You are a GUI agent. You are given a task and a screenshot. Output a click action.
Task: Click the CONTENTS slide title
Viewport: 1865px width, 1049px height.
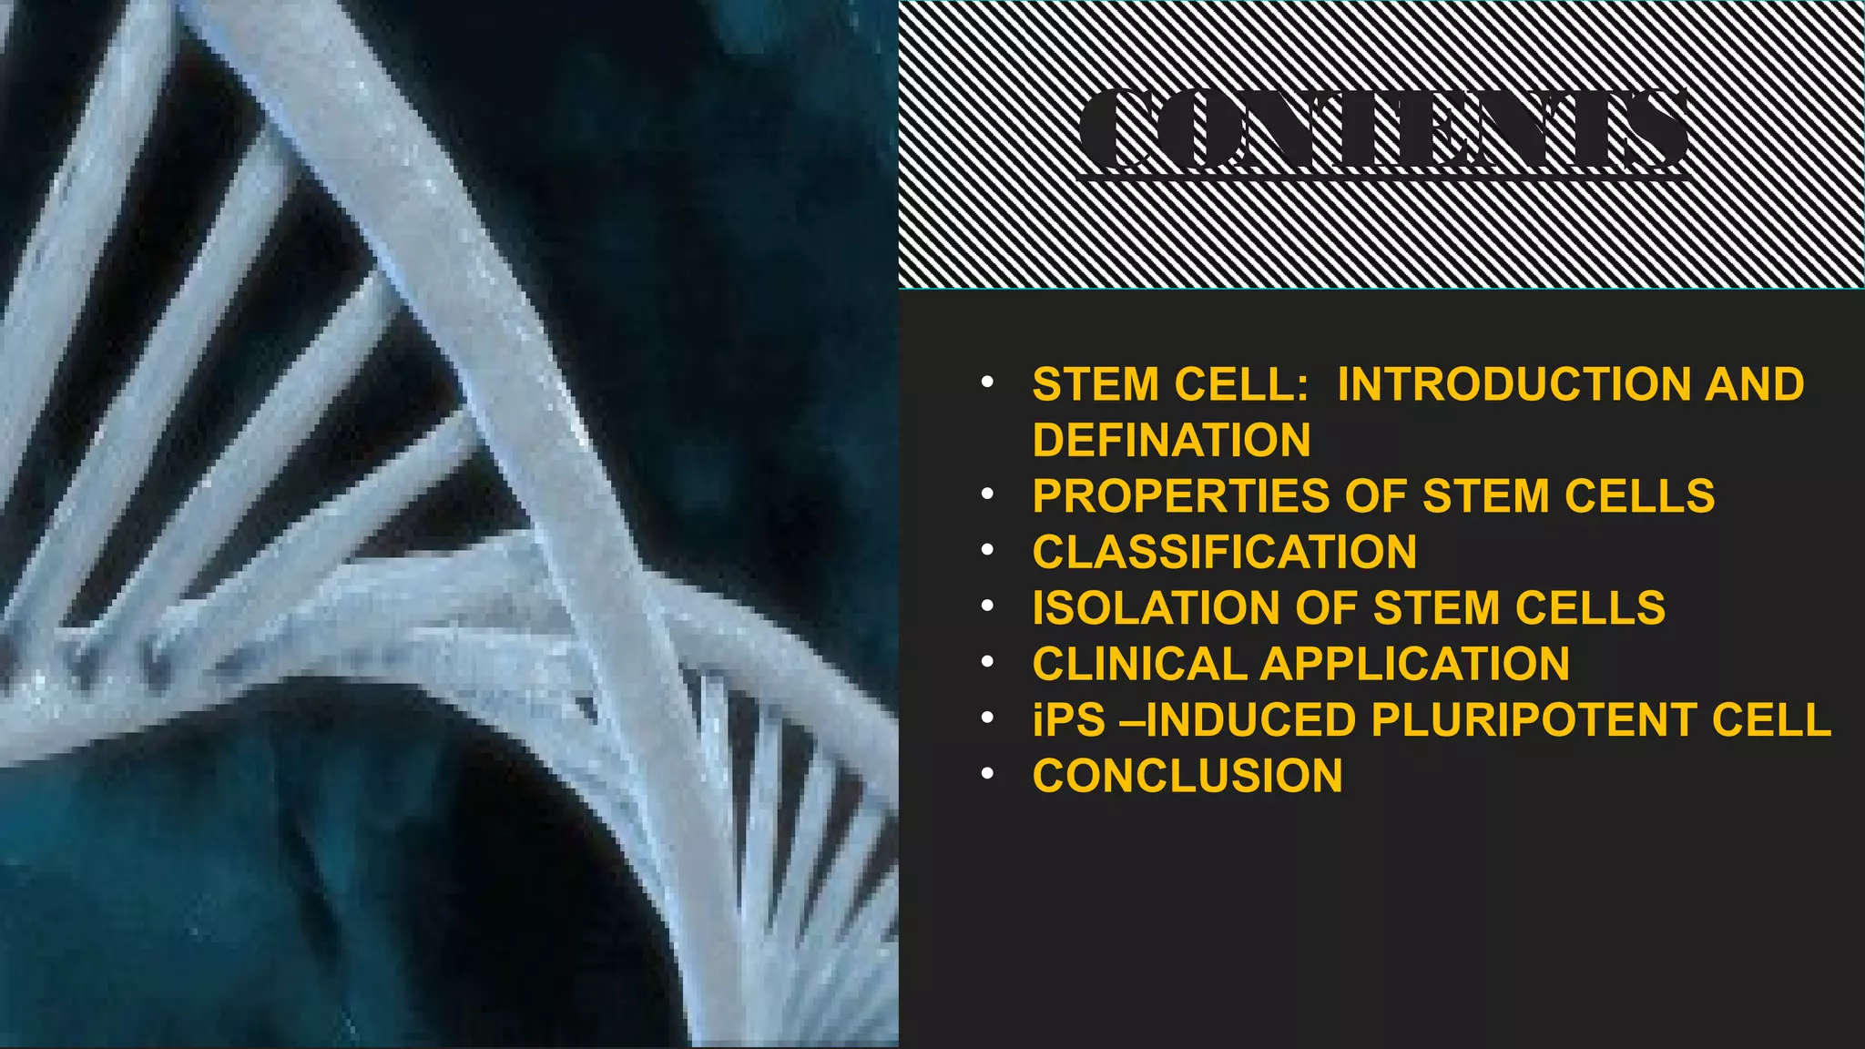[1383, 130]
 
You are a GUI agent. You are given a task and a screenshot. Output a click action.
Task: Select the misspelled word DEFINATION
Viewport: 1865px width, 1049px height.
[1171, 441]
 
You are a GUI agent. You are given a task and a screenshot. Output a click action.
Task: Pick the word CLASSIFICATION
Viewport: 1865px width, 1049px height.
[1224, 553]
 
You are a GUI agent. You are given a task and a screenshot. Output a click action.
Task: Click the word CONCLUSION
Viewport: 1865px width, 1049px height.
[1187, 777]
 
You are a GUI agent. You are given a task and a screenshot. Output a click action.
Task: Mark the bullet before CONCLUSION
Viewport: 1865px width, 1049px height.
[987, 775]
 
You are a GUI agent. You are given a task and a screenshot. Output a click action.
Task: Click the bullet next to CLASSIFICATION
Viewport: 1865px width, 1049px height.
[987, 551]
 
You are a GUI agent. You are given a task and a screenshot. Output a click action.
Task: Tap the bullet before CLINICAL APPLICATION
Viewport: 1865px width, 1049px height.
[987, 663]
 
